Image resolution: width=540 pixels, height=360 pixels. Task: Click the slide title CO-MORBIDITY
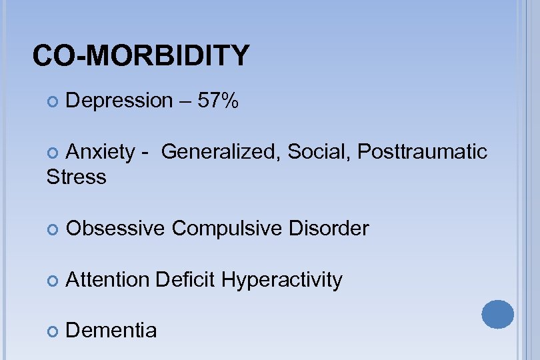[x=141, y=56]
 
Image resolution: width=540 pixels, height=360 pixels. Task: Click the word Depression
[x=119, y=101]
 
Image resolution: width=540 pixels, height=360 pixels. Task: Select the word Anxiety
[x=101, y=152]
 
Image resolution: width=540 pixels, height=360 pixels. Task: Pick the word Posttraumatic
[x=423, y=152]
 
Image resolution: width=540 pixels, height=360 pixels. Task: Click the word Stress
[x=77, y=177]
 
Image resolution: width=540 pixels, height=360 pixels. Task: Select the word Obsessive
[x=115, y=229]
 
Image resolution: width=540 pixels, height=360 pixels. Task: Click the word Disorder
[x=328, y=229]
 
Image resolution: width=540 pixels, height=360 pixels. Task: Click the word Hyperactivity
[x=281, y=280]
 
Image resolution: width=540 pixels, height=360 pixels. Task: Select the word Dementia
[x=112, y=331]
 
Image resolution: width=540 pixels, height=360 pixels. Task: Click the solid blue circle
[x=498, y=313]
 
